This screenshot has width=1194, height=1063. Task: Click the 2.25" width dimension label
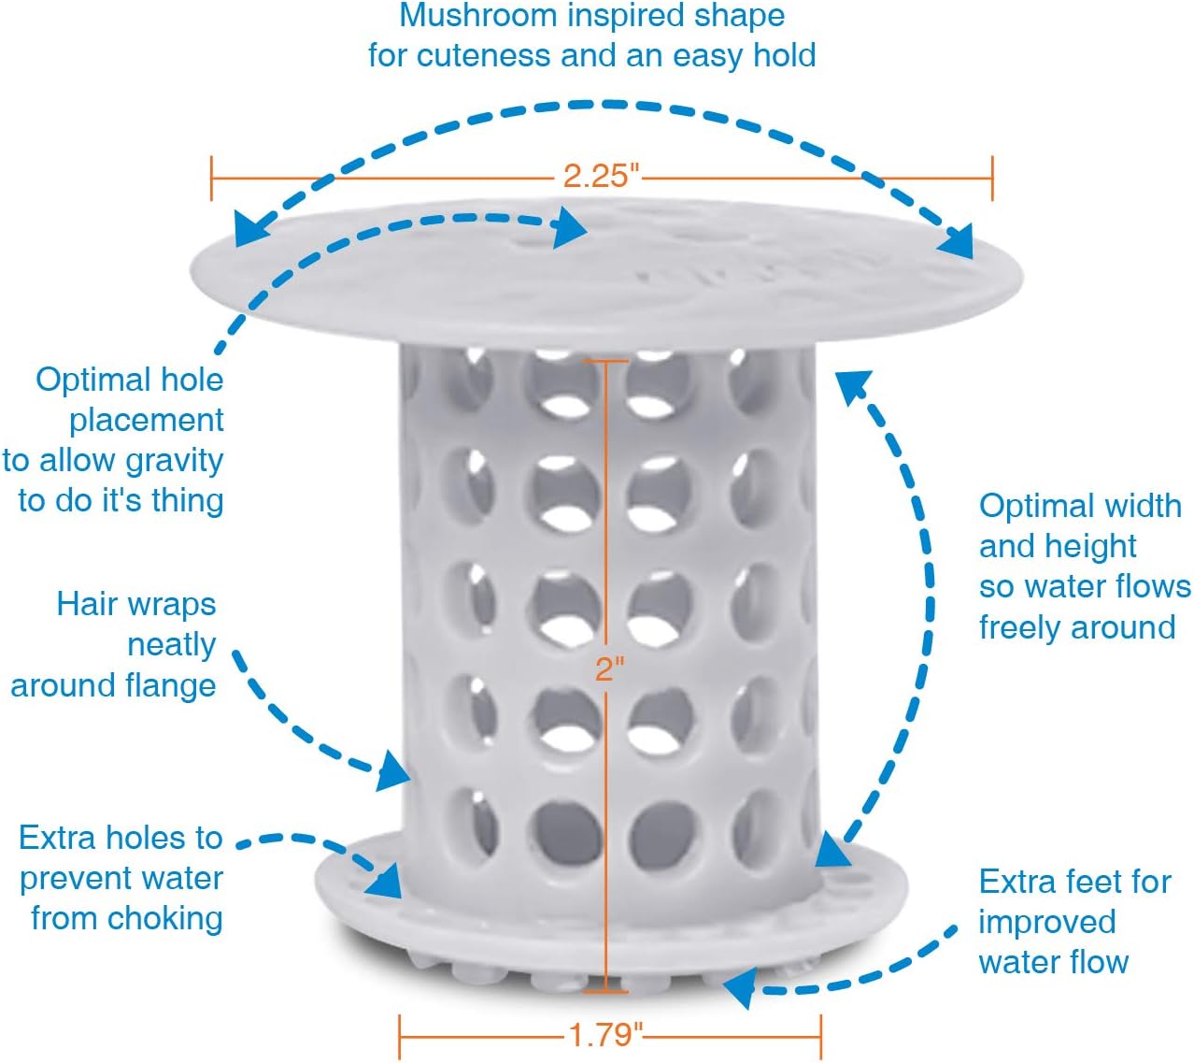coord(601,175)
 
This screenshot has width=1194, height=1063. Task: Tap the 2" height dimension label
coord(609,668)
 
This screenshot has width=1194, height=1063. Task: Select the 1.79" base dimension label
coord(606,1034)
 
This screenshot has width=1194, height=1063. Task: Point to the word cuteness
coord(484,56)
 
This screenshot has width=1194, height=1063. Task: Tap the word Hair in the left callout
coord(86,604)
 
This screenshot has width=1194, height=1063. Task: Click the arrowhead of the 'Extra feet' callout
coord(740,987)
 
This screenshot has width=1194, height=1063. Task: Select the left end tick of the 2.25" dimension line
coord(212,178)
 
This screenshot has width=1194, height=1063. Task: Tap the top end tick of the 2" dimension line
coord(605,361)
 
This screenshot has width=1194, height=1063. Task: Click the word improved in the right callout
coord(1046,922)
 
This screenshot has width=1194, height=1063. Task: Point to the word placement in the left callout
coord(146,421)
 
